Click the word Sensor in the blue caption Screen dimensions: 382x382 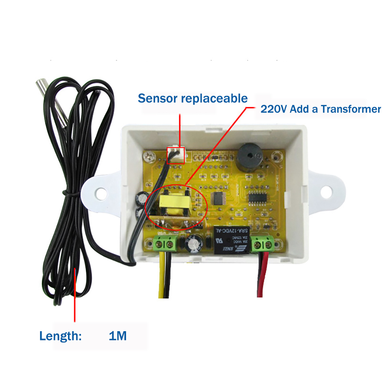click(157, 98)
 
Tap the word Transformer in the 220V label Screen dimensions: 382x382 click(351, 109)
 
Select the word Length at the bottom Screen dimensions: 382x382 click(60, 336)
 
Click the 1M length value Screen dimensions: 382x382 click(117, 336)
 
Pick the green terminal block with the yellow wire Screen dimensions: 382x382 click(165, 243)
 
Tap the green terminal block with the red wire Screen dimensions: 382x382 click(264, 243)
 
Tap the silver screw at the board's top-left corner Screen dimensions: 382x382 click(149, 155)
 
